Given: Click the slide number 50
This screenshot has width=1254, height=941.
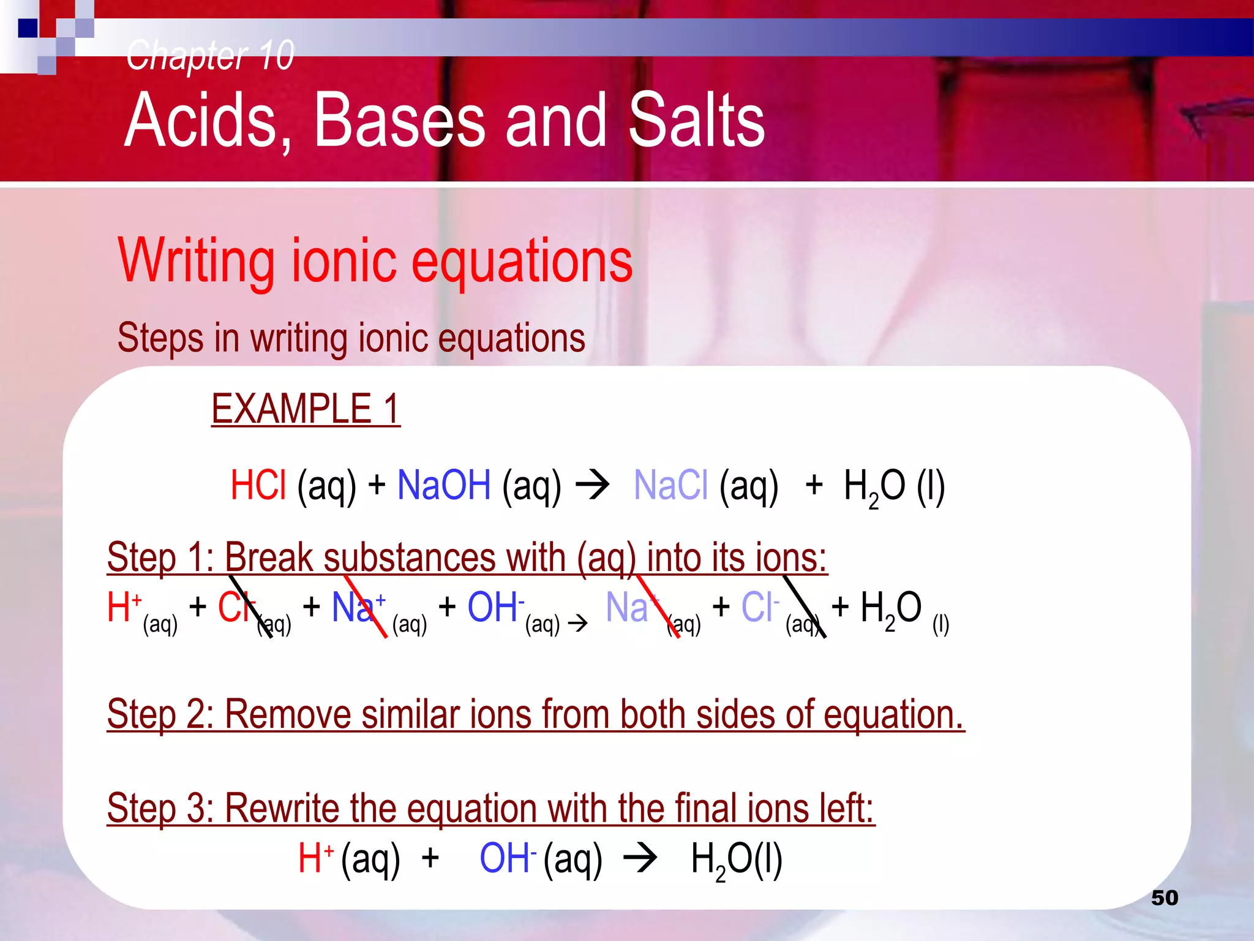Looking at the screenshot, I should tap(1164, 898).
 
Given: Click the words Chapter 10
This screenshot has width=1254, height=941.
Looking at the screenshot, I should tap(210, 55).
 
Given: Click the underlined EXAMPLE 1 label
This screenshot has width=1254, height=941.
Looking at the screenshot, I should tap(306, 409).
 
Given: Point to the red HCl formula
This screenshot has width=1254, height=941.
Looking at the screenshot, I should tap(258, 485).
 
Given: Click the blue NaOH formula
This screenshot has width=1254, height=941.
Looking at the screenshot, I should tap(444, 485).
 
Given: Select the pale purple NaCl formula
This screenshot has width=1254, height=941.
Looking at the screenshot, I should tap(670, 485).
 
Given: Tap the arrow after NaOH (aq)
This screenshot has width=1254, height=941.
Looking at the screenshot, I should tap(592, 486).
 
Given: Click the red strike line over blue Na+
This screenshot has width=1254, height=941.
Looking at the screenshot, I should tap(366, 607).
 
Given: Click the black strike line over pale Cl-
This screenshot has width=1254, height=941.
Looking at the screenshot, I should tap(804, 607).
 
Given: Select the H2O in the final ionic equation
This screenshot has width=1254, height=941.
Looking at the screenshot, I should tap(736, 859).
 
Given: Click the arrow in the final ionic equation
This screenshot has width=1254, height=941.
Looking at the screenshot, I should tap(640, 858).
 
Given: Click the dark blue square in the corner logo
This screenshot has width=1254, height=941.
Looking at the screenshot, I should tap(28, 28).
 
